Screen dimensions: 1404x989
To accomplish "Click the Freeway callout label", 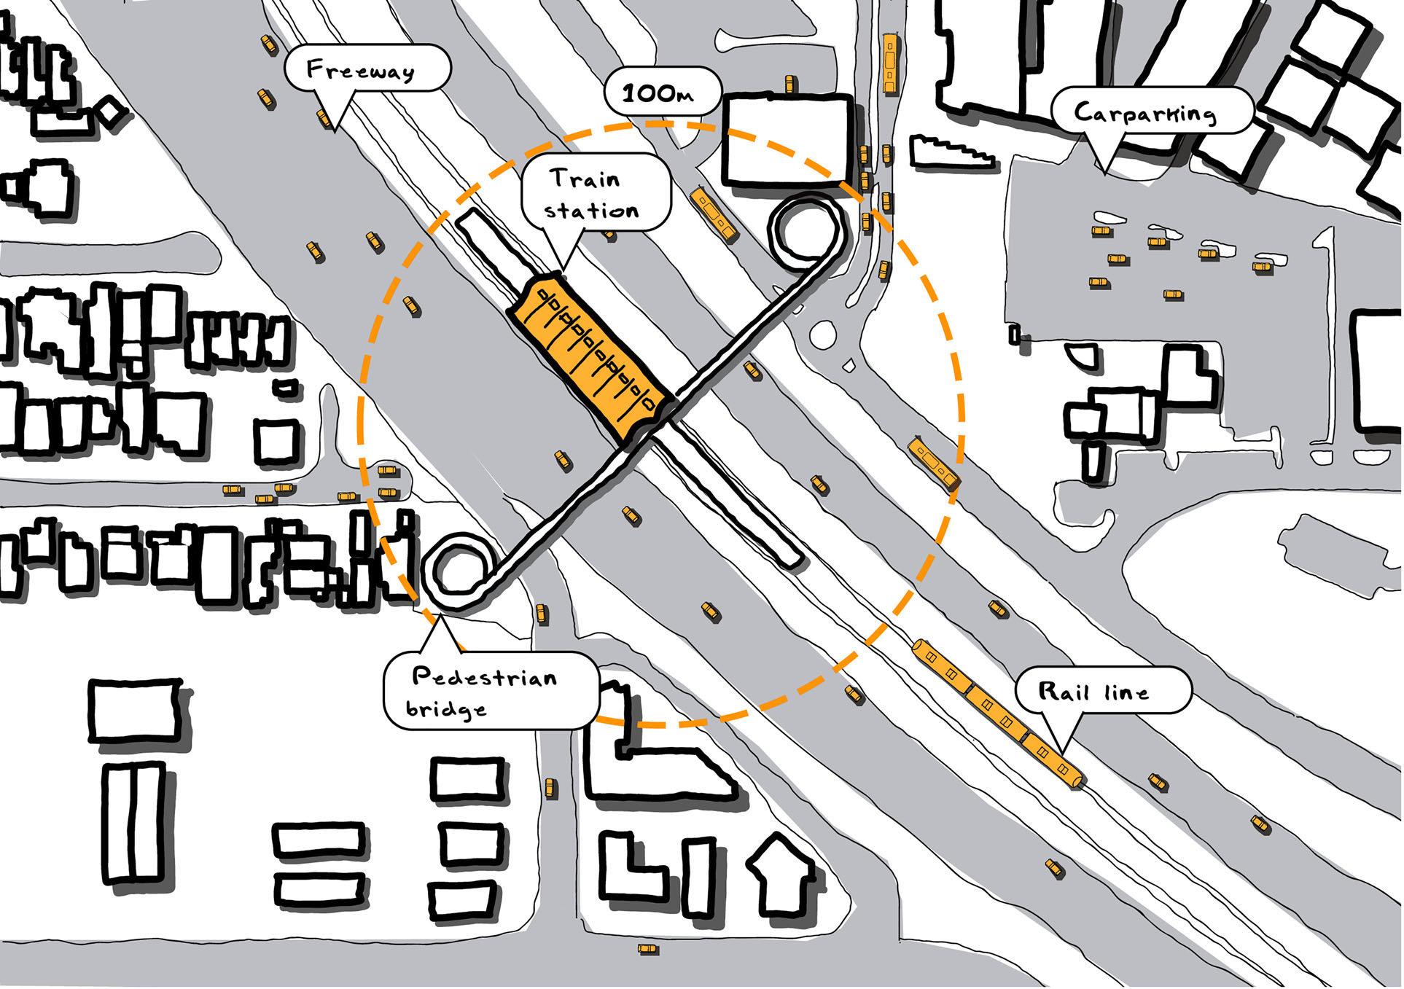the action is tap(362, 70).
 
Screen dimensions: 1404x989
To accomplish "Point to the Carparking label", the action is tap(1145, 113).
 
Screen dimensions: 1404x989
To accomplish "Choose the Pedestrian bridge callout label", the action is tap(485, 691).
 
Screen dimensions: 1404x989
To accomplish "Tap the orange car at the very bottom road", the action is tap(647, 949).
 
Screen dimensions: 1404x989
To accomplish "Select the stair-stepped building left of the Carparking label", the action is tap(952, 153).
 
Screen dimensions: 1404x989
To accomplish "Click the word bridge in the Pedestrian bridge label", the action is tap(446, 708).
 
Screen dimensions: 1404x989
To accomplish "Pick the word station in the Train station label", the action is tap(592, 211).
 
